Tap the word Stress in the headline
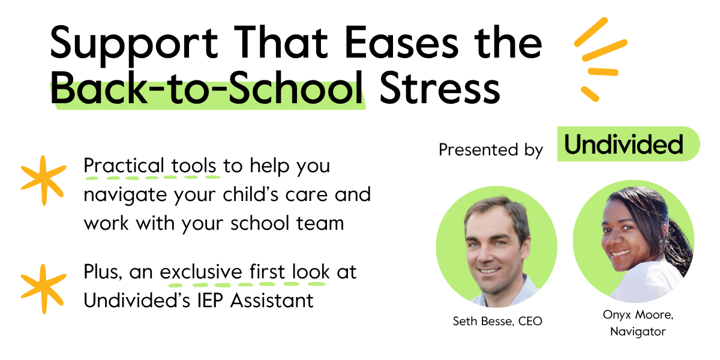tap(440, 88)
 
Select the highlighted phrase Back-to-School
tap(208, 88)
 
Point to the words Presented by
tap(490, 149)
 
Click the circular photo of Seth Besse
tap(496, 247)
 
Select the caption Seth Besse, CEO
tap(497, 322)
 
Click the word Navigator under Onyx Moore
tap(638, 331)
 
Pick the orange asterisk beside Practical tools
tap(43, 178)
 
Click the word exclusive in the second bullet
tap(201, 272)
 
